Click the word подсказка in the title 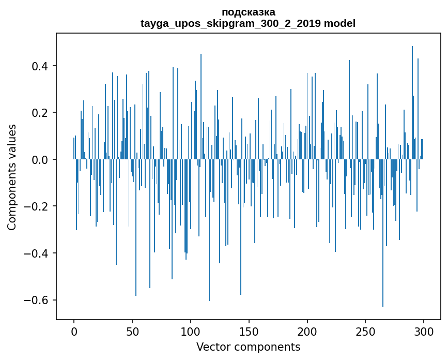pyautogui.click(x=248, y=12)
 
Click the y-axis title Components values pyautogui.click(x=12, y=176)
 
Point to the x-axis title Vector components pyautogui.click(x=248, y=347)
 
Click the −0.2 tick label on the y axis pyautogui.click(x=37, y=206)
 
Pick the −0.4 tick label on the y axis pyautogui.click(x=37, y=253)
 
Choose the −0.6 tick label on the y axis pyautogui.click(x=37, y=300)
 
